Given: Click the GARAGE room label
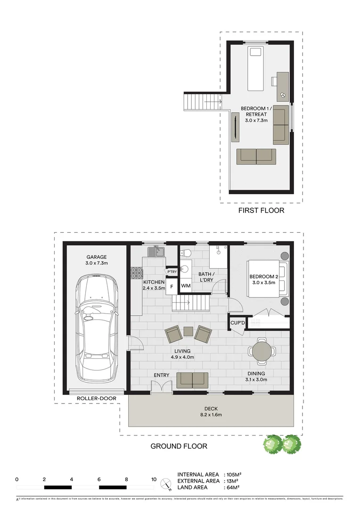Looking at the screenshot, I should pyautogui.click(x=96, y=257).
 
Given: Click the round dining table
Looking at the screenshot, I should pyautogui.click(x=262, y=351).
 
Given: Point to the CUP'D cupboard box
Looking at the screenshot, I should pyautogui.click(x=237, y=323).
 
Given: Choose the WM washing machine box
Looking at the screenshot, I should pyautogui.click(x=186, y=286).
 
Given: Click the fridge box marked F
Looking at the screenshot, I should pyautogui.click(x=172, y=286).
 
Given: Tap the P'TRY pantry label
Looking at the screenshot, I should pyautogui.click(x=172, y=271).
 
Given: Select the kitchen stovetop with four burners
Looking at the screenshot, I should pyautogui.click(x=136, y=273).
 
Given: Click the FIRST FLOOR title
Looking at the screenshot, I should pyautogui.click(x=262, y=210).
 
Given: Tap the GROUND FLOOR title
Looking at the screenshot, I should pyautogui.click(x=179, y=446).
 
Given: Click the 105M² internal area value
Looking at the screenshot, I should pyautogui.click(x=234, y=474).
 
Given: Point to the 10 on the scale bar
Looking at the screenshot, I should pyautogui.click(x=154, y=479).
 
